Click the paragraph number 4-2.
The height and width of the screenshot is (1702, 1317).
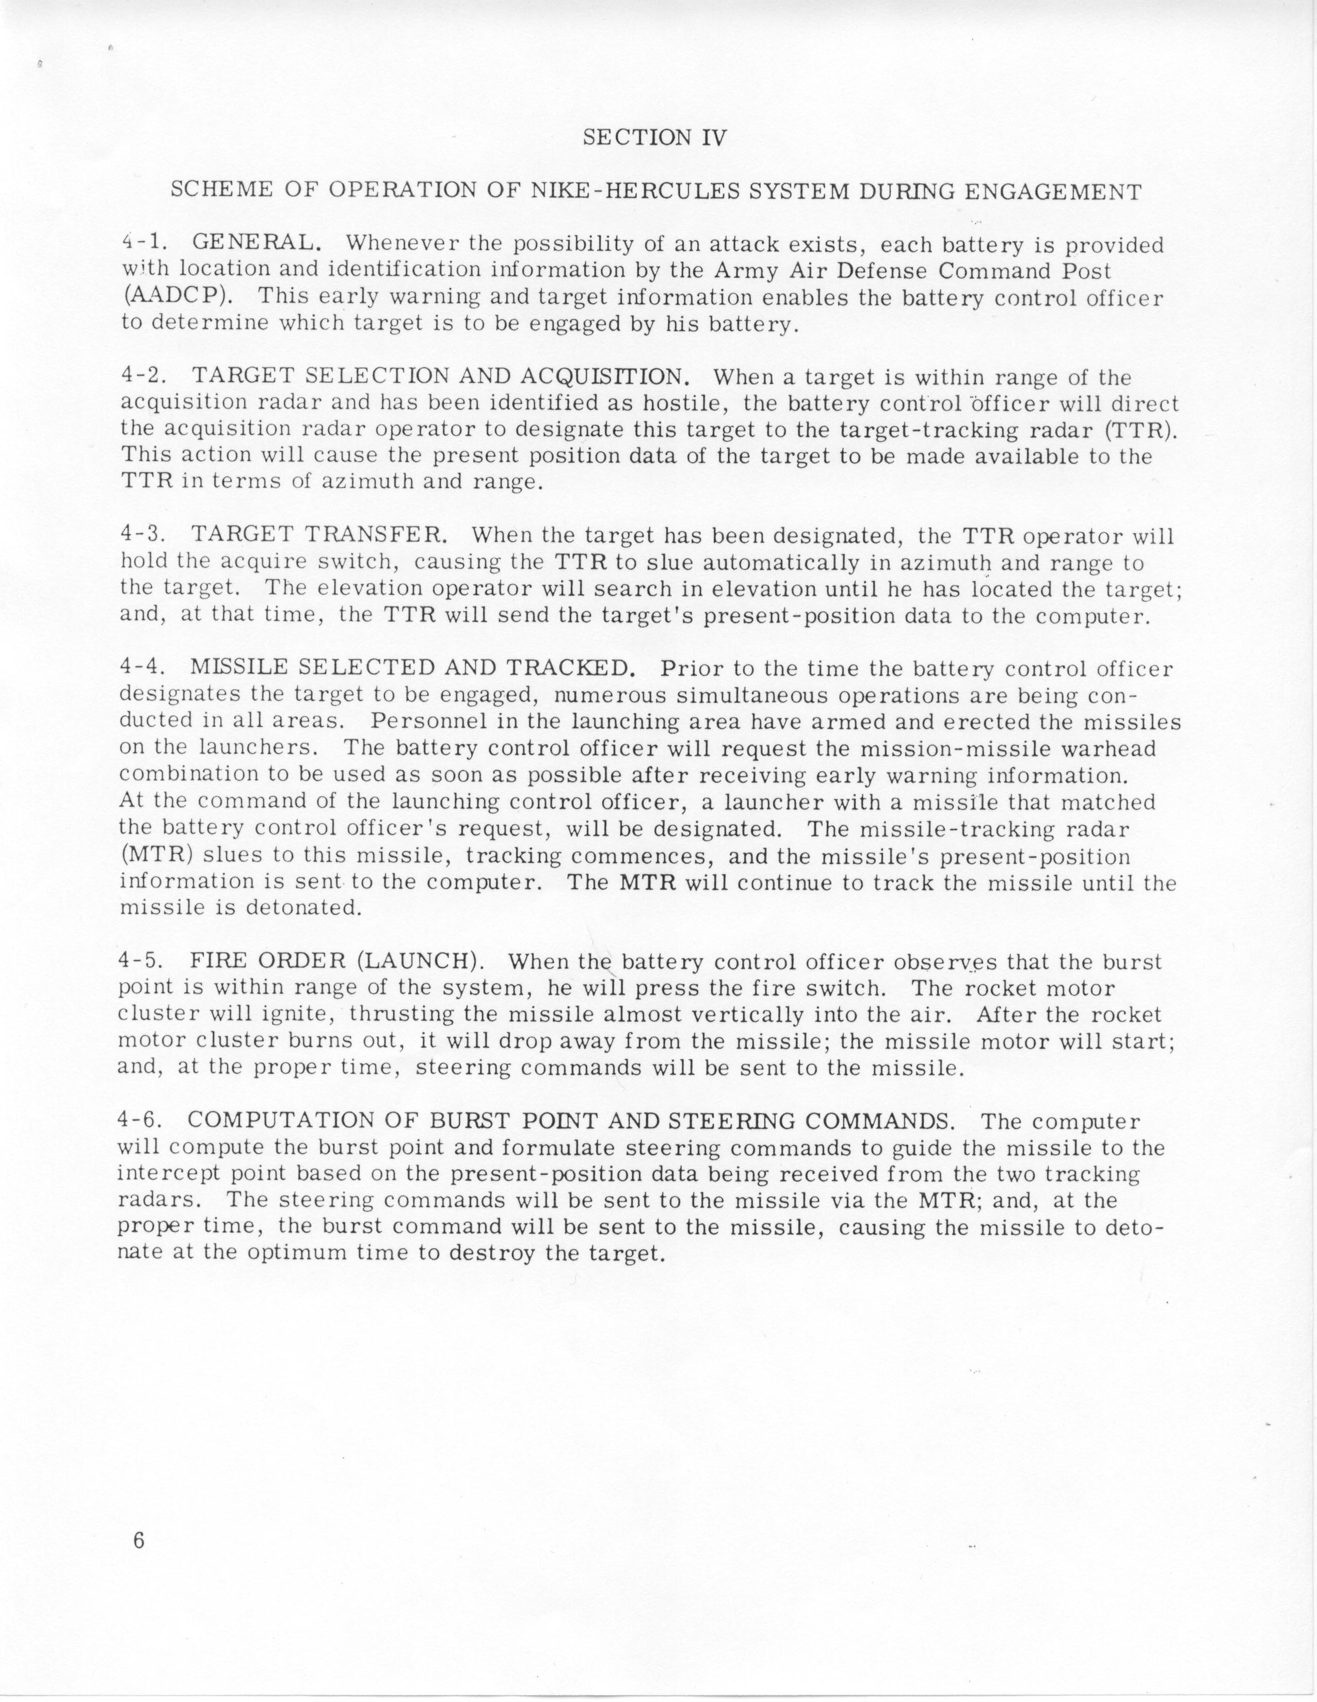[144, 377]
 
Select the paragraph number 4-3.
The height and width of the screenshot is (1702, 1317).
[144, 535]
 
